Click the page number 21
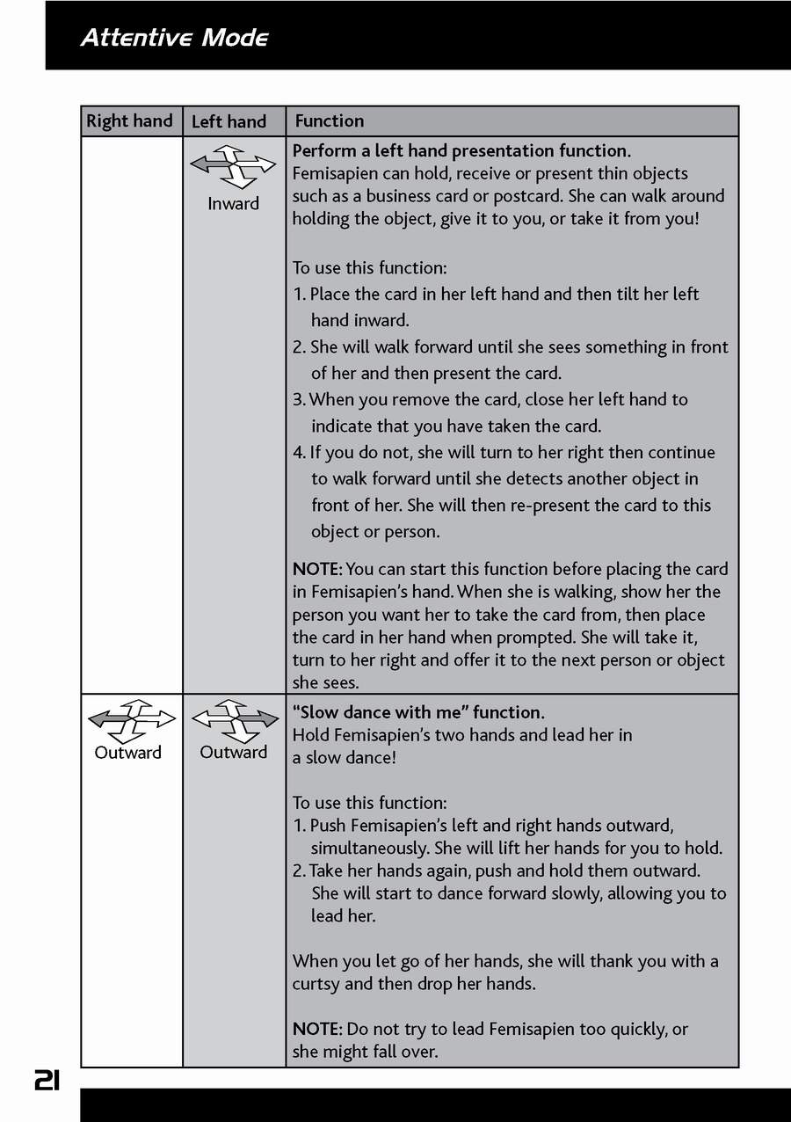click(47, 1080)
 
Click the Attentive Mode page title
click(174, 38)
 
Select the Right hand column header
click(129, 121)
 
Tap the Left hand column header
click(229, 122)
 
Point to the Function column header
click(329, 121)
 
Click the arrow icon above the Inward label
click(233, 167)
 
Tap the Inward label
click(233, 204)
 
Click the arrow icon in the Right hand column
click(131, 721)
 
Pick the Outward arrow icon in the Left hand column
click(234, 721)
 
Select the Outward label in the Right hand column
click(128, 753)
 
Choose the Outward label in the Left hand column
click(233, 753)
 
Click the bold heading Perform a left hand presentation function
click(461, 151)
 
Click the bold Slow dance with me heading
click(418, 712)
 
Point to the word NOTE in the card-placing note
click(317, 570)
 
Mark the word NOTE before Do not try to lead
click(317, 1029)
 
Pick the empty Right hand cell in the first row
click(131, 413)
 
